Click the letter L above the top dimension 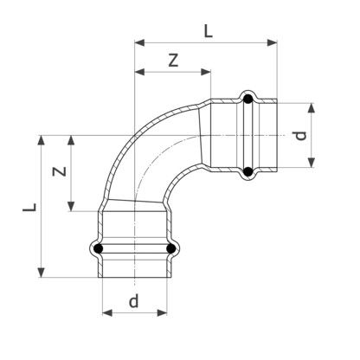[209, 31]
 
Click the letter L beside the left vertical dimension [30, 208]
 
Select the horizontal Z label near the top [173, 61]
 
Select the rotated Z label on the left [60, 171]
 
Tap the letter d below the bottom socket [134, 301]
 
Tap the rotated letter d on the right [300, 136]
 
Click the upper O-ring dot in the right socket [248, 100]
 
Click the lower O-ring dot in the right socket [248, 172]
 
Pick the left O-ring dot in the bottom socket [99, 248]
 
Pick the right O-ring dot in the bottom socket [171, 248]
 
